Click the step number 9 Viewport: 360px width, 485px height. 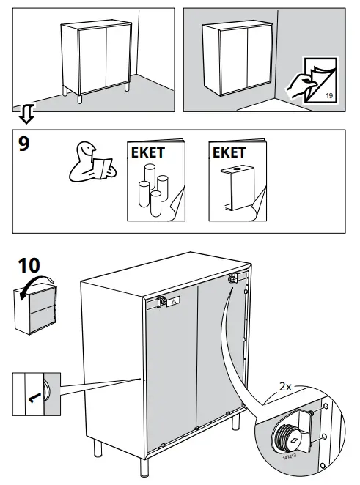24,144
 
